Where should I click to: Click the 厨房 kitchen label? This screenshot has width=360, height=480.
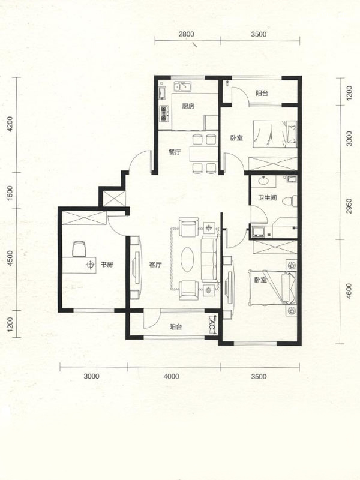pyautogui.click(x=188, y=106)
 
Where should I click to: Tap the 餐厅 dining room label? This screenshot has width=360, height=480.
pyautogui.click(x=175, y=152)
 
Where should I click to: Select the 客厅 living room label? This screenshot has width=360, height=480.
pyautogui.click(x=155, y=265)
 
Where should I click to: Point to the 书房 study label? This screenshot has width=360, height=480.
pyautogui.click(x=107, y=264)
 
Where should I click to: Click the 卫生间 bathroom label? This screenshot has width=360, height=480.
pyautogui.click(x=267, y=198)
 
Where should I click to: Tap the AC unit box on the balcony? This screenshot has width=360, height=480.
pyautogui.click(x=213, y=325)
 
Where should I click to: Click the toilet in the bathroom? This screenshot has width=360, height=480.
pyautogui.click(x=289, y=201)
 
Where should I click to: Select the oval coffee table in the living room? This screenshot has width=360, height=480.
pyautogui.click(x=187, y=259)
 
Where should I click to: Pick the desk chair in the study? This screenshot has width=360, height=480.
pyautogui.click(x=79, y=249)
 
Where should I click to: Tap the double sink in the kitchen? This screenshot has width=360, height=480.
pyautogui.click(x=183, y=87)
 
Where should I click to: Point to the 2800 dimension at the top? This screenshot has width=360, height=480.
pyautogui.click(x=187, y=34)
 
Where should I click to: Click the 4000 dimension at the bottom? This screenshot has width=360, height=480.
pyautogui.click(x=172, y=376)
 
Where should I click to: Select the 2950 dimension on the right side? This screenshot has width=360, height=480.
pyautogui.click(x=349, y=206)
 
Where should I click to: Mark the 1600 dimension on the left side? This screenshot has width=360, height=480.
pyautogui.click(x=10, y=192)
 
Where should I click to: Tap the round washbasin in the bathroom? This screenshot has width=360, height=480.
pyautogui.click(x=263, y=180)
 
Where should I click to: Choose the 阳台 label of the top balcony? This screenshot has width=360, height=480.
pyautogui.click(x=262, y=93)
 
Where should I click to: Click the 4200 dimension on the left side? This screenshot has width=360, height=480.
pyautogui.click(x=10, y=124)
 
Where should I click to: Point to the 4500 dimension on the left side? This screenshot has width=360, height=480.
pyautogui.click(x=10, y=258)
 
